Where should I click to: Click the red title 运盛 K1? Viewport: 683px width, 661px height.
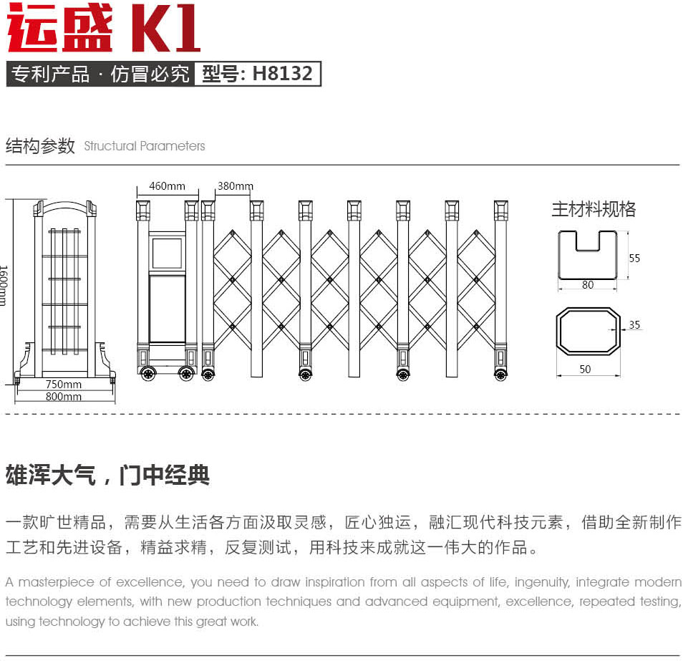pos(104,27)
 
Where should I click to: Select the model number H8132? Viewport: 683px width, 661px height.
pos(282,73)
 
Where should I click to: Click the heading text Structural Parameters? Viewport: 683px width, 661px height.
pos(144,146)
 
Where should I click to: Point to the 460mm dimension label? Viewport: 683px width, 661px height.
pos(168,186)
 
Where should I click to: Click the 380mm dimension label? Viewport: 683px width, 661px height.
pos(236,186)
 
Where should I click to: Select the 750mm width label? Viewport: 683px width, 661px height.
pos(64,385)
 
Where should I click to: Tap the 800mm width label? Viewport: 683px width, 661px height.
pos(64,397)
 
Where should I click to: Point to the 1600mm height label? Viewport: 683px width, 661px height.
pos(4,286)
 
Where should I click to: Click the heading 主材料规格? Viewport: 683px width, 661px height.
pos(594,209)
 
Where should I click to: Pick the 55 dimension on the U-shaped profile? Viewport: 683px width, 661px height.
pos(634,259)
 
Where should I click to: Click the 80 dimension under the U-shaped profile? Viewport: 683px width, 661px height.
pos(588,285)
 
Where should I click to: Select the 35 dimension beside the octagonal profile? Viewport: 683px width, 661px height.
pos(634,324)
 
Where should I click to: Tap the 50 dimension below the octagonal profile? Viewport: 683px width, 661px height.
pos(585,370)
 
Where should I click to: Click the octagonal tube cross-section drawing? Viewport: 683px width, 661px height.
pos(558,331)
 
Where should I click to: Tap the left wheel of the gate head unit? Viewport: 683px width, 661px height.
pos(148,374)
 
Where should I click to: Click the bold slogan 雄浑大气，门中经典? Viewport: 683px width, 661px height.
pos(107,475)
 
